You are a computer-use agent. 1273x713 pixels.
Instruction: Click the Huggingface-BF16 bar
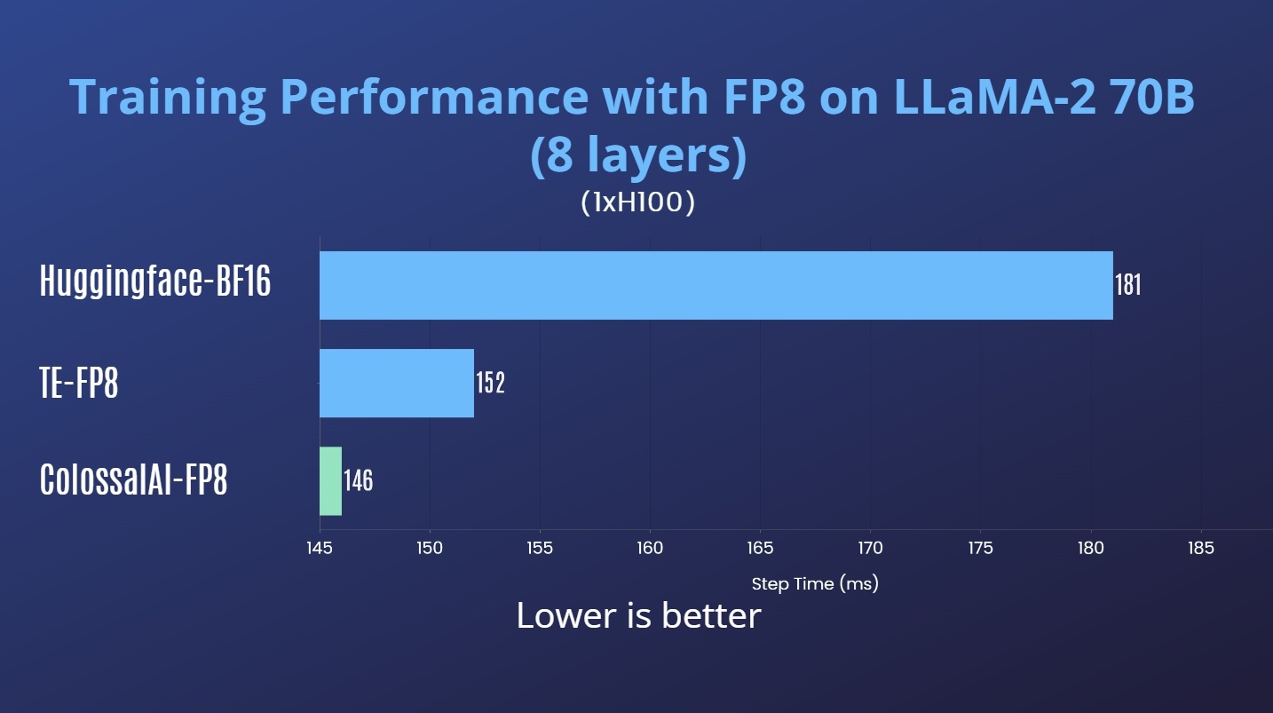pos(716,285)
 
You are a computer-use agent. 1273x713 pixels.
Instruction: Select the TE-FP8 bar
pos(397,383)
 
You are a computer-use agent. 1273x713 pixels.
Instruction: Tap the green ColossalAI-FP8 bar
pos(330,480)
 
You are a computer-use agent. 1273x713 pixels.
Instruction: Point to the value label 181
pos(1127,285)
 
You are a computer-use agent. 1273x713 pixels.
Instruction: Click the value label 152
pos(490,383)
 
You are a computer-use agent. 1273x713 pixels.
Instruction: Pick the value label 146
pos(358,480)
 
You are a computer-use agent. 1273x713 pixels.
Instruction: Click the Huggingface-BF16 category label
pos(155,281)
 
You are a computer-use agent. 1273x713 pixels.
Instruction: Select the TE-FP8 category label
pos(79,383)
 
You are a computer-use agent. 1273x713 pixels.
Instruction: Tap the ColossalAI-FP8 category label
pos(134,480)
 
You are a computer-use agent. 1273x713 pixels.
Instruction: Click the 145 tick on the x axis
pos(320,548)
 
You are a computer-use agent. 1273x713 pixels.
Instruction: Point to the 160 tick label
pos(650,548)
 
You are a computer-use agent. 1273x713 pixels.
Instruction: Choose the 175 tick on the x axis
pos(980,548)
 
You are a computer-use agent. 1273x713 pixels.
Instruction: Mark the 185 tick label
pos(1200,548)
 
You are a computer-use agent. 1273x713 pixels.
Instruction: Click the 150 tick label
pos(430,548)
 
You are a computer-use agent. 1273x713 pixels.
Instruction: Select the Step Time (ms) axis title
pos(814,584)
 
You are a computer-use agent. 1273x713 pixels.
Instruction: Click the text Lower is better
pos(638,615)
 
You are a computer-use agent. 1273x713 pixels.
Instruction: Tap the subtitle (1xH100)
pos(637,202)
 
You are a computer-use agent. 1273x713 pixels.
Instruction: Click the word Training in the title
pos(167,98)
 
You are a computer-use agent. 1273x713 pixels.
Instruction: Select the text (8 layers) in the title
pos(637,155)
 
